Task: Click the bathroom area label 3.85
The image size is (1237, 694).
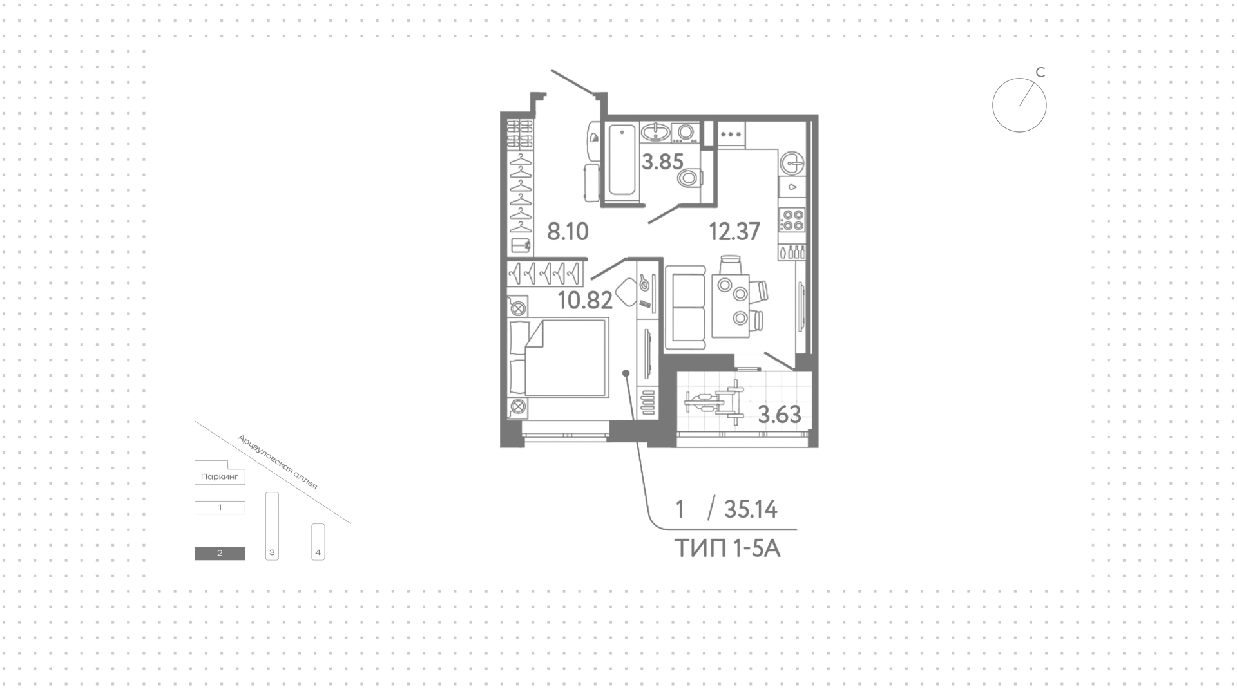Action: (x=662, y=162)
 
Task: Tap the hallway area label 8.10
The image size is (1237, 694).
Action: (x=568, y=231)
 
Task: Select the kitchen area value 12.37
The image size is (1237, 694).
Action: (x=734, y=231)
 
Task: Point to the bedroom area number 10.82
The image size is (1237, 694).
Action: (x=585, y=300)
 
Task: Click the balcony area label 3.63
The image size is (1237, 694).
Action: (x=780, y=415)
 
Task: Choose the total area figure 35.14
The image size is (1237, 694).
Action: (x=751, y=510)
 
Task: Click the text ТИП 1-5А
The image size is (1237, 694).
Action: (x=727, y=549)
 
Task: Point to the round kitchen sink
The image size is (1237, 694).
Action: (x=792, y=163)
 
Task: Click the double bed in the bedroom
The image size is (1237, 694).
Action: (x=558, y=357)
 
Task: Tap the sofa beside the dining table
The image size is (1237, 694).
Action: (x=687, y=308)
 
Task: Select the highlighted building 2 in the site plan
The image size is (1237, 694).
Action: (x=220, y=553)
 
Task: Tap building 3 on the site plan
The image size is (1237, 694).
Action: (x=272, y=527)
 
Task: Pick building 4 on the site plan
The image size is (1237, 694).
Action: (x=318, y=542)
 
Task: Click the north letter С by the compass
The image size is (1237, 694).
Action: (x=1040, y=72)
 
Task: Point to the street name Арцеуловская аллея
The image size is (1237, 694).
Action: (x=278, y=462)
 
